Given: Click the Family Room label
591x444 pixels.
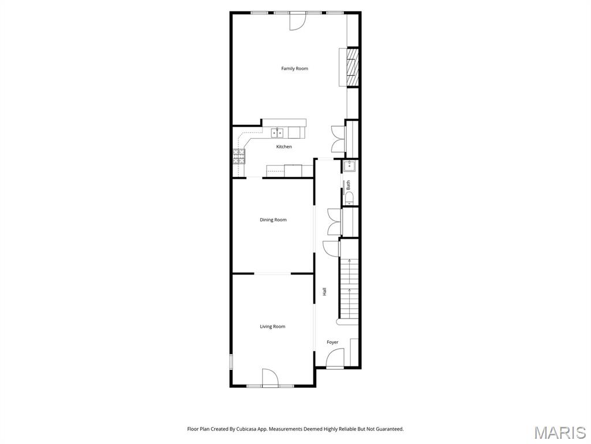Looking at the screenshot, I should tap(294, 69).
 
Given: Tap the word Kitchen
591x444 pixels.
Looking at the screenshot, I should tap(284, 147).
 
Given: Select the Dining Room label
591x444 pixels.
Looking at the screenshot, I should tap(273, 220).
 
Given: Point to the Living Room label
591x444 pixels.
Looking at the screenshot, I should tap(272, 327).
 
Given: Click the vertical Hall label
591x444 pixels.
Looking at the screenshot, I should tap(324, 292).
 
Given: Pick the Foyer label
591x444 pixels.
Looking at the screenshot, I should tap(332, 342).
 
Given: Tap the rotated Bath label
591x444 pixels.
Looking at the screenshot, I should tap(348, 186).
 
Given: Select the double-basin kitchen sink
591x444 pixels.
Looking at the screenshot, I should tap(277, 133).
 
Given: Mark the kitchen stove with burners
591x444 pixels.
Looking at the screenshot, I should tap(238, 156).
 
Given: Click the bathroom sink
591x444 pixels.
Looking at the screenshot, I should tap(350, 166).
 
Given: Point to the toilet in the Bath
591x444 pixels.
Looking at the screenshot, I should tap(349, 198).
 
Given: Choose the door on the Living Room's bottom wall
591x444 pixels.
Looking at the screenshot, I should tap(270, 377).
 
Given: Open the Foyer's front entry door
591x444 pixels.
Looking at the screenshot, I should tap(335, 360).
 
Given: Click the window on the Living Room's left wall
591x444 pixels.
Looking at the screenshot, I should tap(231, 362).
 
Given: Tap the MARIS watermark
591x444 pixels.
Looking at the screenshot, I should tap(560, 432).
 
